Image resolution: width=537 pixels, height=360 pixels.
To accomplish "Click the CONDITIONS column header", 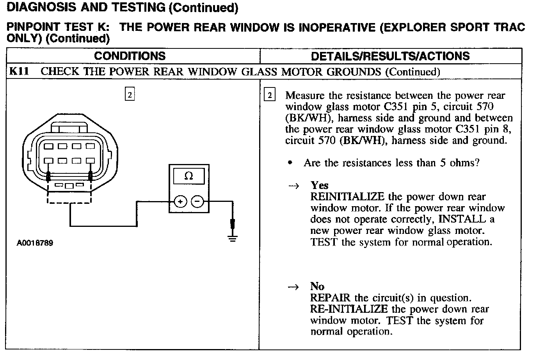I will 130,56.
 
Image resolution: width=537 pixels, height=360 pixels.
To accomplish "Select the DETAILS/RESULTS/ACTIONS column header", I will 390,56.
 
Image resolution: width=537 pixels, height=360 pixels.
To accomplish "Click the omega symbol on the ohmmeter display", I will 188,176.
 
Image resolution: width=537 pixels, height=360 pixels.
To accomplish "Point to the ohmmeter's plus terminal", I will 180,202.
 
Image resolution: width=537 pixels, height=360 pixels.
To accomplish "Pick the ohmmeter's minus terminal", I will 198,202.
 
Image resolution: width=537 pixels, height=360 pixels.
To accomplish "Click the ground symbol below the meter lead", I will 233,238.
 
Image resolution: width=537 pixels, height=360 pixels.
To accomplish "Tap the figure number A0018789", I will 35,243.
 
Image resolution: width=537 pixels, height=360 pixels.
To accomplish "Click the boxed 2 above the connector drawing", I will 130,94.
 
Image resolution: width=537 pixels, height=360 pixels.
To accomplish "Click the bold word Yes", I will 319,185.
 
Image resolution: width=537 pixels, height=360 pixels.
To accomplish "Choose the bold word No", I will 317,287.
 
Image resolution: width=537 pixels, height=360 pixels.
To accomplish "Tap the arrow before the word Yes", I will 293,186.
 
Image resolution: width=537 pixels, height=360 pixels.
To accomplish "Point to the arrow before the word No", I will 293,287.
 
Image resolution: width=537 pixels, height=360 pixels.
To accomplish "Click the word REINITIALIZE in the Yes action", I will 347,197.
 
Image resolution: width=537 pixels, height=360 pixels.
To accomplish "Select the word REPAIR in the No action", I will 330,298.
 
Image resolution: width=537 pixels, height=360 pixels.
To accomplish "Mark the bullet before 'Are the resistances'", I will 290,163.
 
